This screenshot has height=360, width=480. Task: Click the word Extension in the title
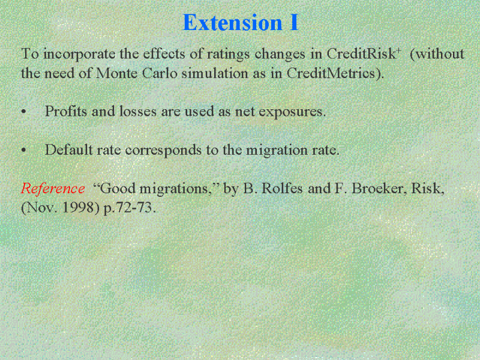[232, 22]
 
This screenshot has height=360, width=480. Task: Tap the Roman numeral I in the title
[293, 22]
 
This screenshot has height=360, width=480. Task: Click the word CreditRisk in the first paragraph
[361, 54]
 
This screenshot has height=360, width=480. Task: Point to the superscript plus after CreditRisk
[398, 50]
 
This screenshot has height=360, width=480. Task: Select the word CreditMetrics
[331, 73]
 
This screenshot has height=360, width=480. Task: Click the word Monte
[116, 73]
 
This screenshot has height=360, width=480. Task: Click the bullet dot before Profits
[24, 112]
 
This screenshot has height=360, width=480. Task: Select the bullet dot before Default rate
[24, 151]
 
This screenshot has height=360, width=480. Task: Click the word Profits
[66, 111]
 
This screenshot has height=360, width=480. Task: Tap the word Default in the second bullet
[69, 149]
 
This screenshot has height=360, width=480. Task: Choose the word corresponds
[163, 151]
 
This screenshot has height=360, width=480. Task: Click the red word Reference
[53, 188]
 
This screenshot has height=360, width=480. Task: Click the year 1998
[80, 208]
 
